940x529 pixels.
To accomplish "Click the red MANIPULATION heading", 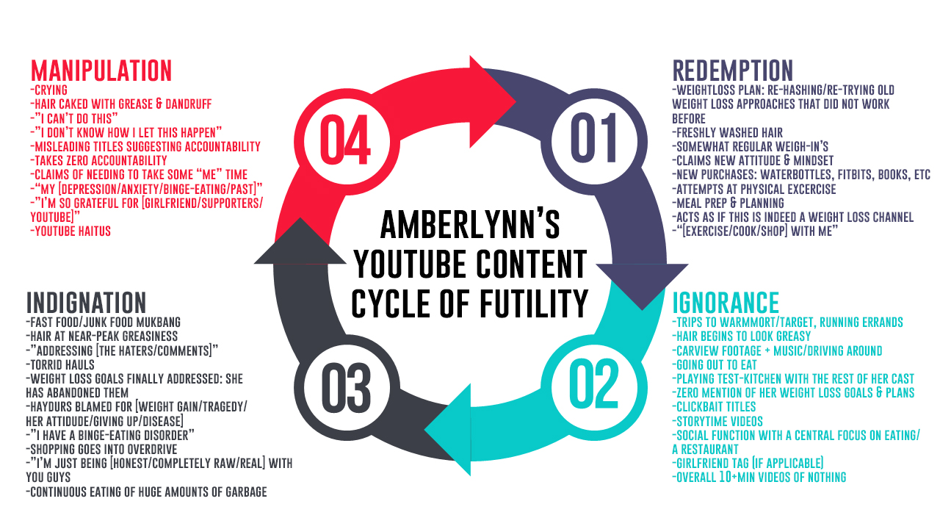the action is [101, 71].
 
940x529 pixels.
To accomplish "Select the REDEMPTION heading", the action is [733, 71].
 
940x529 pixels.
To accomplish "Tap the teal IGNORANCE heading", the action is [726, 303].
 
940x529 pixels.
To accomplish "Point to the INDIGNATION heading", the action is [86, 303].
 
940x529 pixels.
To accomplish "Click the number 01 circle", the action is [594, 142].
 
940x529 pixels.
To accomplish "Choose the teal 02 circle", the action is [594, 387].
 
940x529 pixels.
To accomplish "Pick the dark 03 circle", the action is [347, 387].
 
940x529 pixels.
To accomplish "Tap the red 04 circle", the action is [347, 142].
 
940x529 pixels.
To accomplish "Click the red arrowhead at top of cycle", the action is [489, 101].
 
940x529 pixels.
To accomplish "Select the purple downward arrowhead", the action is [642, 284].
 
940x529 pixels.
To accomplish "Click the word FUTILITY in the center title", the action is [534, 303].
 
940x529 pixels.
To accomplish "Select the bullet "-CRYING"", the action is [48, 90].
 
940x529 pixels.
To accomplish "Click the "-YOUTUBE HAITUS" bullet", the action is [70, 231].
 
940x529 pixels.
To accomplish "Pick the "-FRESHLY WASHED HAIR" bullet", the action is [727, 133].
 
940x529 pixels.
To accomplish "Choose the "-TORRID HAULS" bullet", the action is [60, 365].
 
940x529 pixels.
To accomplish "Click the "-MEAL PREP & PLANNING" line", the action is [728, 204].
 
